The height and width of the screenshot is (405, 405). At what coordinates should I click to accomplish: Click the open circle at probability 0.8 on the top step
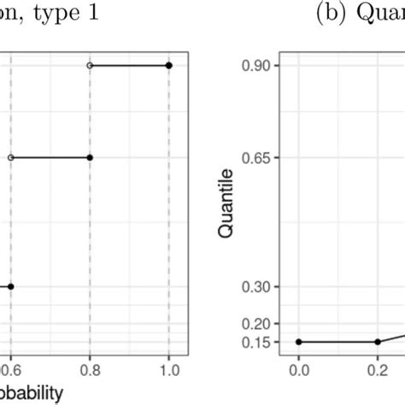[90, 65]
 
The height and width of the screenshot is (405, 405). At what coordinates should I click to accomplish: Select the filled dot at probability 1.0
[169, 65]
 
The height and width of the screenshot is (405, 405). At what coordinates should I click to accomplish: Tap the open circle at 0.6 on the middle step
[10, 157]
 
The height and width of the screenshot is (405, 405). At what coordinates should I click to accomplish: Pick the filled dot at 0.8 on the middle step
[90, 157]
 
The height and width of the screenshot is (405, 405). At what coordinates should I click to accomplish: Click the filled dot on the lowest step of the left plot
[10, 287]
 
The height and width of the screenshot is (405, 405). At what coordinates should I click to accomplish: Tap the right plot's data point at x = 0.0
[298, 342]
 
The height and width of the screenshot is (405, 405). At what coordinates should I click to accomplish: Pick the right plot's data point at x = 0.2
[378, 342]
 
